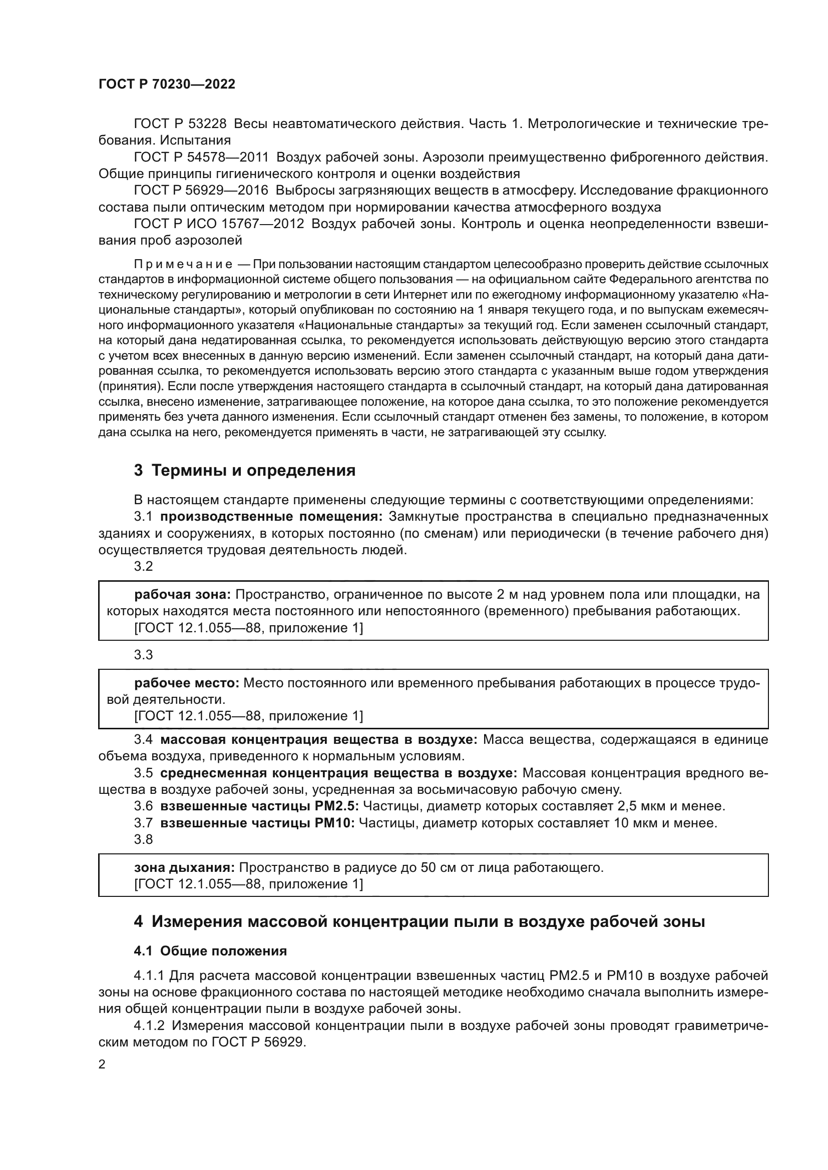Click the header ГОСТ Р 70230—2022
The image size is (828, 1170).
(167, 85)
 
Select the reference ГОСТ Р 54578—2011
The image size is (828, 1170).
(201, 158)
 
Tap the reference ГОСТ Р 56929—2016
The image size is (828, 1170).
(201, 191)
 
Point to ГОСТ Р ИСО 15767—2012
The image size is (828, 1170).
(219, 224)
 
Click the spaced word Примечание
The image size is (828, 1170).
(183, 265)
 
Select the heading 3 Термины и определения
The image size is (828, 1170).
(245, 470)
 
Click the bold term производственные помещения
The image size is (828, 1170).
(271, 517)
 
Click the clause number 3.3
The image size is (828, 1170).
(143, 655)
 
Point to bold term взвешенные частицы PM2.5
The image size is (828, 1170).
(259, 806)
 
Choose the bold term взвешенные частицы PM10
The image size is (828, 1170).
(257, 823)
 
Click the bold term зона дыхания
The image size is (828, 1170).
(184, 867)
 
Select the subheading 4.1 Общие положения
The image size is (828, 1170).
(210, 951)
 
